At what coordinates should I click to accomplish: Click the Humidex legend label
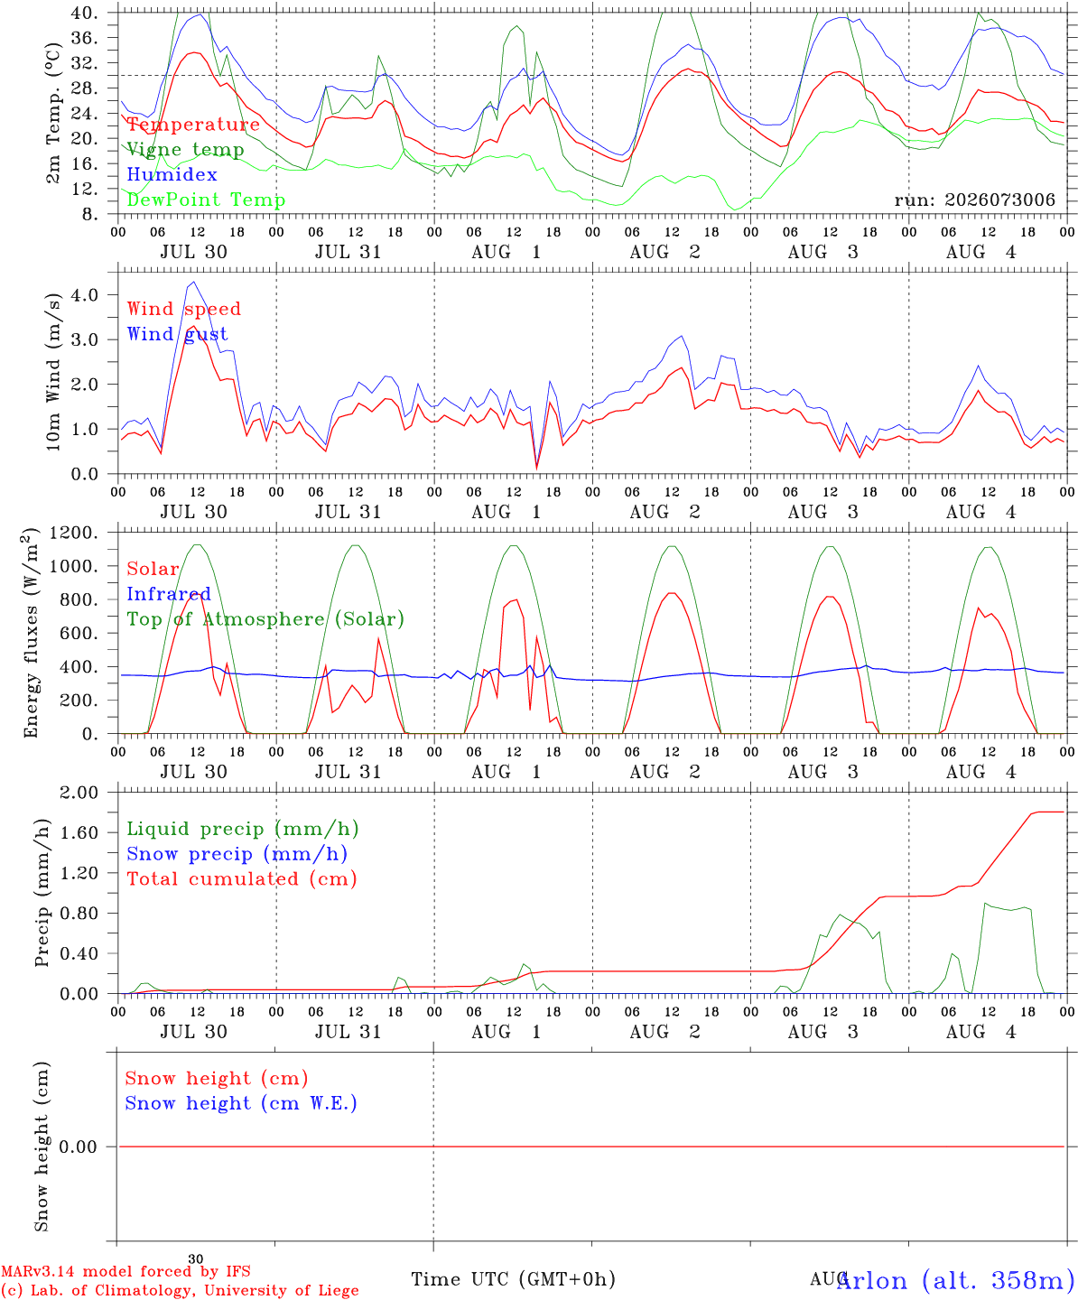(x=172, y=174)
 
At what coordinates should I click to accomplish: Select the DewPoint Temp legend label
(x=206, y=200)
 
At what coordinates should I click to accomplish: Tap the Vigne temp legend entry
(x=186, y=150)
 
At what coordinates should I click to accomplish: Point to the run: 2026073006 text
(x=974, y=200)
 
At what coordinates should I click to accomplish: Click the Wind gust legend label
(x=178, y=334)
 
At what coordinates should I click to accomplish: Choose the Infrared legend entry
(x=169, y=593)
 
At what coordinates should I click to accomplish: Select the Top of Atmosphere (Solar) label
(x=266, y=619)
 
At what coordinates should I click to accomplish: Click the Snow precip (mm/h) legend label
(x=237, y=854)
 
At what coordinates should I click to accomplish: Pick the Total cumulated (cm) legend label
(x=242, y=878)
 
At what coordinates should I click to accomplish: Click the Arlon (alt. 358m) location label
(x=956, y=1280)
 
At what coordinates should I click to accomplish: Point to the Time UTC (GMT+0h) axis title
(x=513, y=1279)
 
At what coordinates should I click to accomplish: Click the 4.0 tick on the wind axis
(x=84, y=294)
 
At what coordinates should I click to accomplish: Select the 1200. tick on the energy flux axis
(x=73, y=533)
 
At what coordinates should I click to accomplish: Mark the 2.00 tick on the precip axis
(x=79, y=793)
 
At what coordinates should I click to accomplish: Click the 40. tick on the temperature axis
(x=84, y=13)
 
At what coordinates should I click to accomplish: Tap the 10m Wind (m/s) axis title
(x=53, y=372)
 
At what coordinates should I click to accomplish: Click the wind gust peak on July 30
(x=194, y=282)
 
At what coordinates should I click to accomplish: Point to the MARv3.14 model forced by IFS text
(x=125, y=1271)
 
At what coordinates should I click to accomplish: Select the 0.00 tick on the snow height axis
(x=78, y=1147)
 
